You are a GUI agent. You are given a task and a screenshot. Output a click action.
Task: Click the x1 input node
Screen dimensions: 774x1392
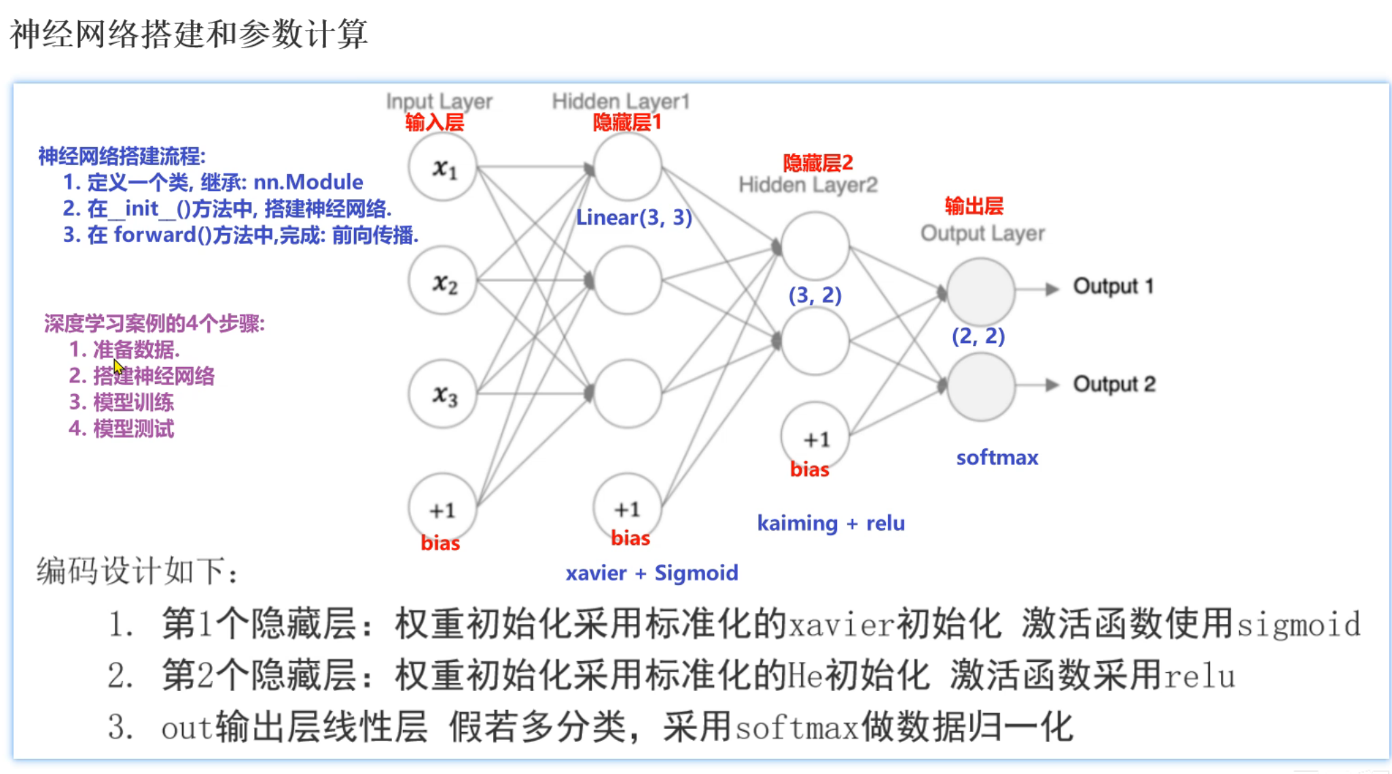coord(443,167)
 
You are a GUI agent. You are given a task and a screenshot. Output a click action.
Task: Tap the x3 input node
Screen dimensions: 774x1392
coord(443,394)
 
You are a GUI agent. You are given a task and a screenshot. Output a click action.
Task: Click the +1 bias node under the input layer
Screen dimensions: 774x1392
coord(442,508)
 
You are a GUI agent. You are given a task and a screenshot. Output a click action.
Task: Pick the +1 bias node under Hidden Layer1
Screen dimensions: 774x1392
coord(627,508)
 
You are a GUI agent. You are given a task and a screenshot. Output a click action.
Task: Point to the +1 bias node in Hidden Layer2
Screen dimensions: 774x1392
coord(815,438)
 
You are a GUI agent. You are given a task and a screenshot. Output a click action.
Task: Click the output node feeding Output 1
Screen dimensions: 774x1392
coord(981,291)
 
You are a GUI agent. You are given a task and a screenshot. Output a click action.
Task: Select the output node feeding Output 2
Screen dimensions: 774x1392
coord(981,386)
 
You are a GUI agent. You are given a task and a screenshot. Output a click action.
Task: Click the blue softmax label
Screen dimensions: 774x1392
coord(997,457)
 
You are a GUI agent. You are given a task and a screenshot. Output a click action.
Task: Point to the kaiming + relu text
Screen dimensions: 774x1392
coord(831,523)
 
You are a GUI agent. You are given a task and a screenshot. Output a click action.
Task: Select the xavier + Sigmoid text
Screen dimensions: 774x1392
coord(652,573)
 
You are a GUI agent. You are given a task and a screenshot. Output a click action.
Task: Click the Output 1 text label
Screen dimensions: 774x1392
coord(1113,286)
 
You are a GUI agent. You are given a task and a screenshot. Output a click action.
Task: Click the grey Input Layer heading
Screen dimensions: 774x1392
coord(439,101)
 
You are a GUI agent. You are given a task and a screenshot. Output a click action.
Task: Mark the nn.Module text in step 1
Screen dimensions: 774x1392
coord(308,182)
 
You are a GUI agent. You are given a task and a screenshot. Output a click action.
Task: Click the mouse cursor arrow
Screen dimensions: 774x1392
coord(118,368)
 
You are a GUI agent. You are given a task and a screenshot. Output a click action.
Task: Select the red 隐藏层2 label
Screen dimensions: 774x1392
coord(817,163)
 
